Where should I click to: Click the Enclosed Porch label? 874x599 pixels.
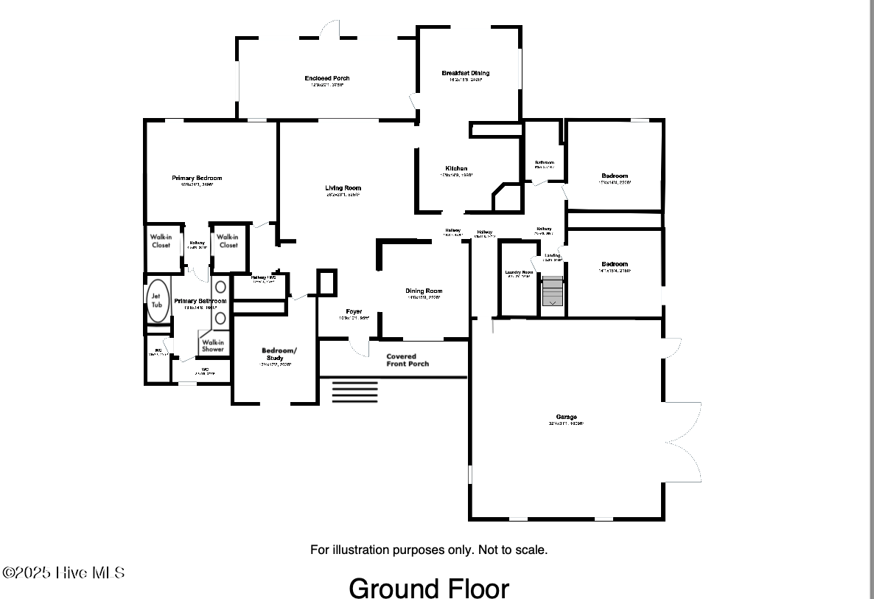327,78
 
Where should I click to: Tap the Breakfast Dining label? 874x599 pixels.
466,73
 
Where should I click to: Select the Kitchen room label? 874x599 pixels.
456,169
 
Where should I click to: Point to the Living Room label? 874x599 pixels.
343,188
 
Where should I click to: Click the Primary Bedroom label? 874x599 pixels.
197,179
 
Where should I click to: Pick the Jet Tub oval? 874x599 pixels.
158,300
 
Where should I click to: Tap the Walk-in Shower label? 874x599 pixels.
213,346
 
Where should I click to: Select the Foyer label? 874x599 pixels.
354,311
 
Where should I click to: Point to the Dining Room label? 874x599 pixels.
424,291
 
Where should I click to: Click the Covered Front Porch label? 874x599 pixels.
408,360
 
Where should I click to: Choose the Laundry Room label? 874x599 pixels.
519,273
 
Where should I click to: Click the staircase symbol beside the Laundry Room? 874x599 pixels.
552,291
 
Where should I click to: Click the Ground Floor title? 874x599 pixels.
428,588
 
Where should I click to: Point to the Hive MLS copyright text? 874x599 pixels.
63,573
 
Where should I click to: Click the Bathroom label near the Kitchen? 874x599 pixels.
544,163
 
